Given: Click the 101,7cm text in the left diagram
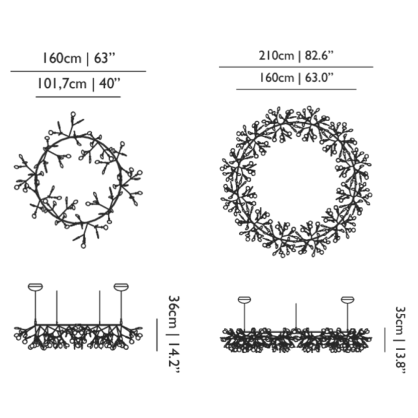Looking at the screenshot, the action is pyautogui.click(x=62, y=84).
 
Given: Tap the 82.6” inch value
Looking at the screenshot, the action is pyautogui.click(x=320, y=56).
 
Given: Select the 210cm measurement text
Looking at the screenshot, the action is pyautogui.click(x=276, y=56).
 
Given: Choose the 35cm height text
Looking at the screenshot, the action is pyautogui.click(x=400, y=321).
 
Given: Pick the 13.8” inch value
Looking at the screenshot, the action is pyautogui.click(x=401, y=360).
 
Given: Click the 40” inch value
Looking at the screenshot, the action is pyautogui.click(x=109, y=84).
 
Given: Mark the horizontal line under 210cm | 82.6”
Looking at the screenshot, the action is pyautogui.click(x=296, y=67).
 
